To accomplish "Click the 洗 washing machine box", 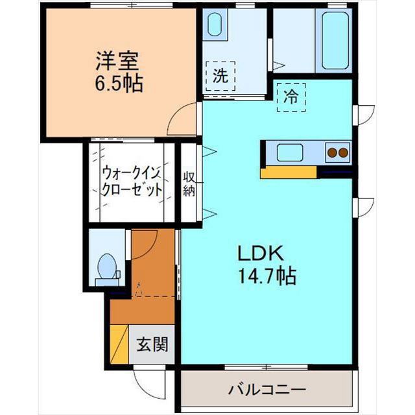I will (x=221, y=75).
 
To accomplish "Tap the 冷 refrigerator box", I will (x=291, y=97).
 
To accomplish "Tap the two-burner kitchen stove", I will (x=337, y=153).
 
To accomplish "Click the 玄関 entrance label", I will (x=152, y=344).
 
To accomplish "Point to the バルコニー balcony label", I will (x=267, y=390).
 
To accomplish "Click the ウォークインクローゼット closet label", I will (x=131, y=183).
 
